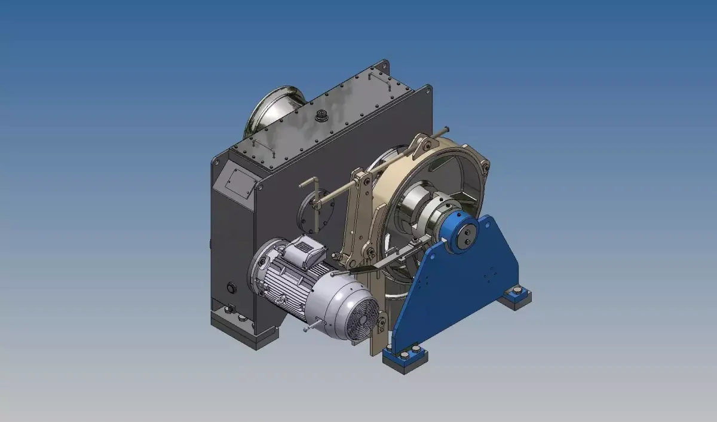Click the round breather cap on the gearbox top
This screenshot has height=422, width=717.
coord(322,114)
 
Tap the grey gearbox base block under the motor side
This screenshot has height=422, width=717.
coord(239,329)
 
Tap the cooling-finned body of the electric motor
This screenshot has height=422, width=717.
coord(299,281)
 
